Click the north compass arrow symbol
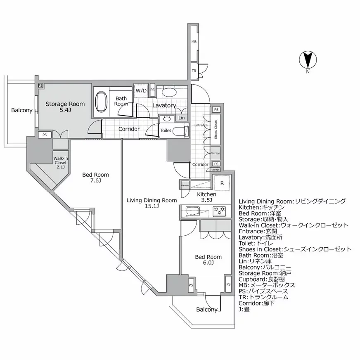pos(308,60)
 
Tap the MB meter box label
pos(194,42)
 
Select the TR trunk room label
pos(194,71)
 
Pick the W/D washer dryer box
pos(141,90)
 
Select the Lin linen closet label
pos(181,118)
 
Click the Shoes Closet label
pos(215,129)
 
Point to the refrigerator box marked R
pos(222,182)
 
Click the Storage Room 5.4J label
pos(65,107)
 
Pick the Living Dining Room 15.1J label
pos(146,203)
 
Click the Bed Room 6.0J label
pos(208,260)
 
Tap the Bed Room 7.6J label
pos(95,178)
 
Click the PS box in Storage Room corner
pos(40,86)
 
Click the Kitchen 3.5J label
pos(206,197)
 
